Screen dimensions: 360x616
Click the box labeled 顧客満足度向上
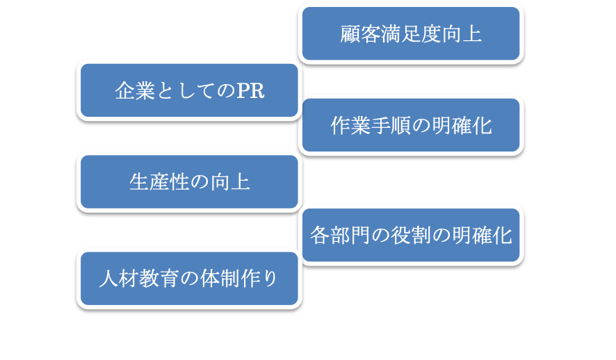pos(411,34)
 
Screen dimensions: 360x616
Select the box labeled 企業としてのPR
pos(189,91)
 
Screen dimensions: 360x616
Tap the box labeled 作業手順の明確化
pos(411,126)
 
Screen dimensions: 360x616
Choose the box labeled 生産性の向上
pos(189,182)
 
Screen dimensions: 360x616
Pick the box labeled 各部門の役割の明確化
pos(411,236)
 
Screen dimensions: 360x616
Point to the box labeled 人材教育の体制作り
pos(189,279)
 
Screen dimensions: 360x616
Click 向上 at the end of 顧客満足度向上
pos(462,34)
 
